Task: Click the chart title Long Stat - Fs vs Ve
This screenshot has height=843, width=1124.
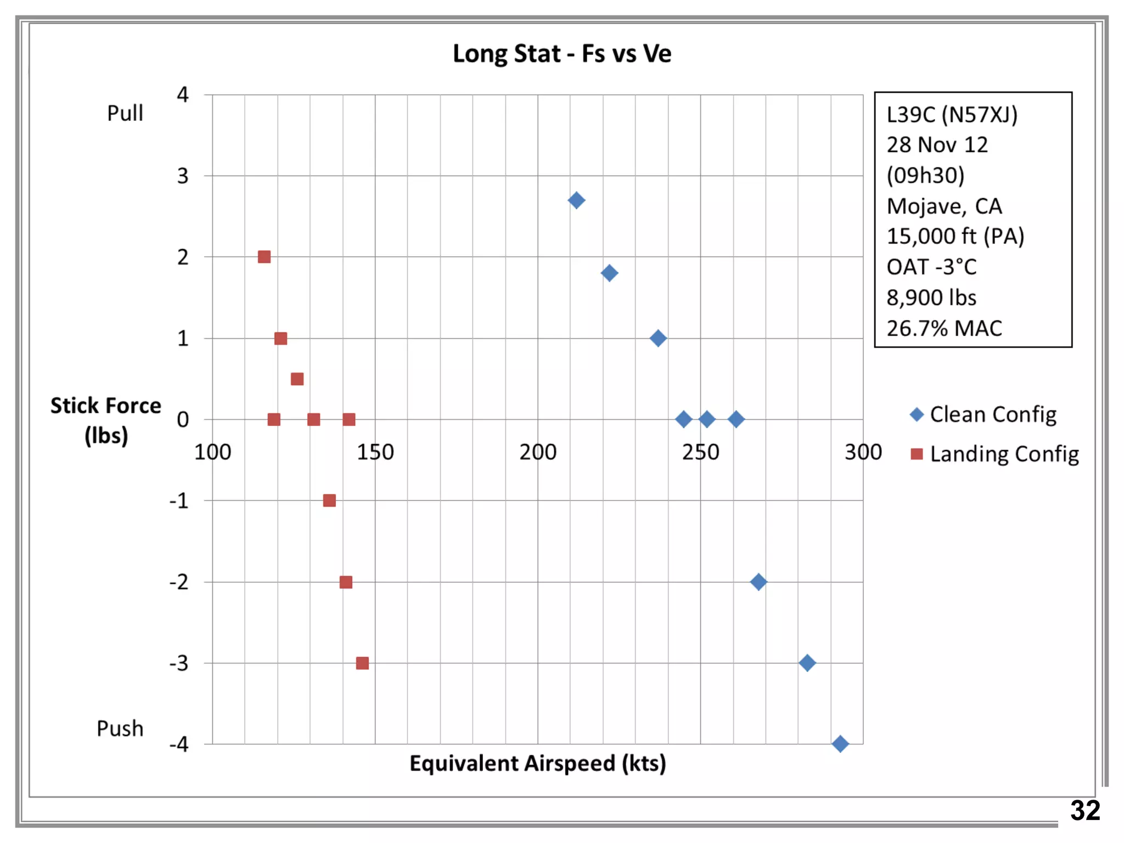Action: tap(561, 54)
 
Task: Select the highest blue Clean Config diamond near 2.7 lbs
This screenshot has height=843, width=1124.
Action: tap(576, 200)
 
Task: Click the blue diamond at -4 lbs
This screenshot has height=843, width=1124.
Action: tap(840, 744)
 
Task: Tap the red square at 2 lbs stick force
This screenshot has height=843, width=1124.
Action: tap(264, 257)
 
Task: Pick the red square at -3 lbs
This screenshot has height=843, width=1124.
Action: tap(362, 663)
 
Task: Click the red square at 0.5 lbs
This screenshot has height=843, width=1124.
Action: tap(297, 379)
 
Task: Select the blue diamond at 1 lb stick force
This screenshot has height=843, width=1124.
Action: tap(657, 338)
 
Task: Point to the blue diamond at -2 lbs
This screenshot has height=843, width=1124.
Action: tap(758, 582)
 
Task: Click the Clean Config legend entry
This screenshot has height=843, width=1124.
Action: tap(982, 414)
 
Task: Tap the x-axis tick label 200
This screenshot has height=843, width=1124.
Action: tap(538, 452)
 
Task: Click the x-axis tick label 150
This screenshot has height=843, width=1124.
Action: tap(375, 452)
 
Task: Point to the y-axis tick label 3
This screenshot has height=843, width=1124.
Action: tap(182, 176)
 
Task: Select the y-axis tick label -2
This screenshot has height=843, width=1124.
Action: tap(179, 582)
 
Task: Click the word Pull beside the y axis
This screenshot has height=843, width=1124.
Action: tap(125, 113)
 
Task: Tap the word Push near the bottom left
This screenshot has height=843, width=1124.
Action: tap(120, 728)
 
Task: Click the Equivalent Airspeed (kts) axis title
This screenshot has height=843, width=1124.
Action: tap(537, 763)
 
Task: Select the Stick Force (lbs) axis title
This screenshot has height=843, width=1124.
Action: tap(106, 420)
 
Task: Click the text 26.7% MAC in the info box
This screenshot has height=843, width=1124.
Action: tap(944, 328)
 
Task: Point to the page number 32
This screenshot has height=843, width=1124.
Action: tap(1084, 811)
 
